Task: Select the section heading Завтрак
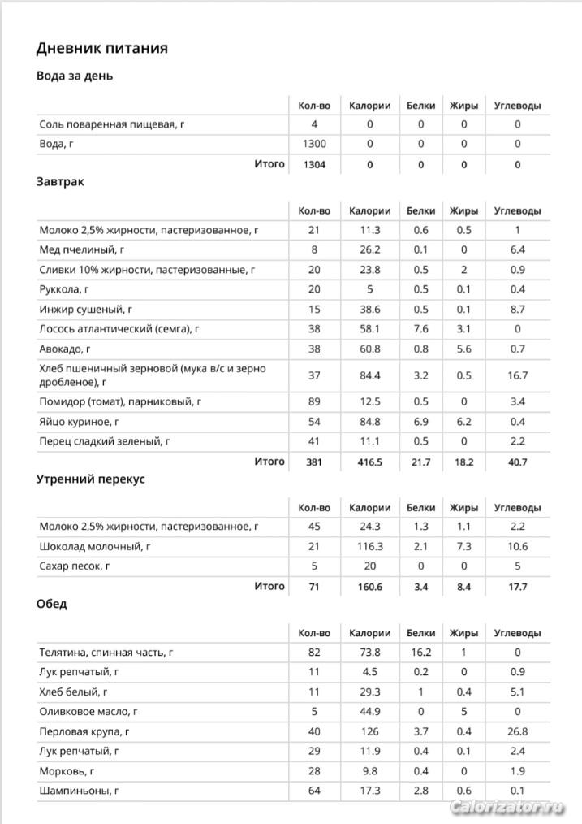[60, 182]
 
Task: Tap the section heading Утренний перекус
[90, 479]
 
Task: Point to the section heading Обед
[51, 605]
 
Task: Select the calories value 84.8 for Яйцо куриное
[369, 422]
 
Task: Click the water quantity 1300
[314, 144]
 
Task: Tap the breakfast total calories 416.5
[369, 462]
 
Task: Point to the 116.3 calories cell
[369, 547]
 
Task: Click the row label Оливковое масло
[88, 711]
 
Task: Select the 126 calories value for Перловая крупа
[369, 731]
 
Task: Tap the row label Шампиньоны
[78, 791]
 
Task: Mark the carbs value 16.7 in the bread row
[517, 375]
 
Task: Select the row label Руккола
[64, 289]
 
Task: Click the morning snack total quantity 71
[314, 587]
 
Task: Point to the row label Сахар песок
[75, 566]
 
